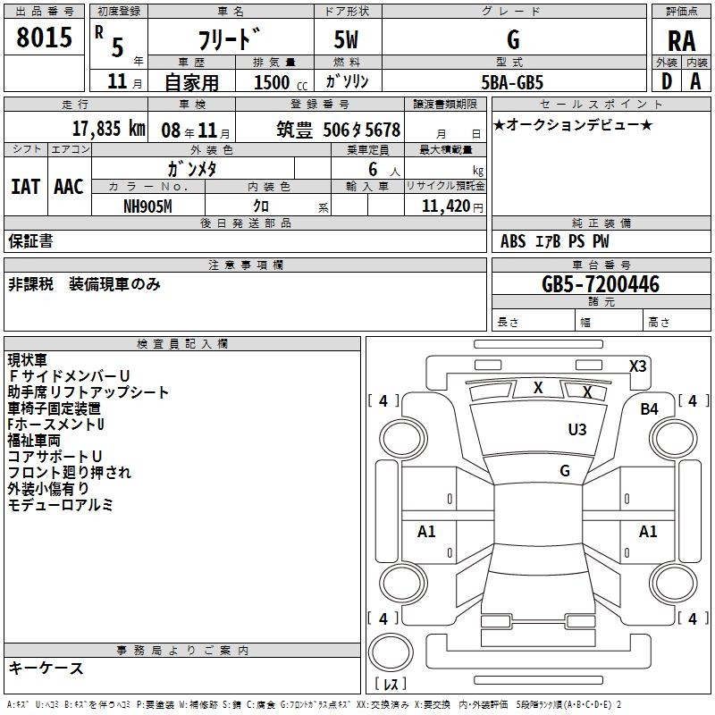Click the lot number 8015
click(x=45, y=38)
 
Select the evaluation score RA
click(x=681, y=41)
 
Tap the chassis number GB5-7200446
click(x=601, y=284)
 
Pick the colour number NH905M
click(x=147, y=206)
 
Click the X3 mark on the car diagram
click(x=637, y=366)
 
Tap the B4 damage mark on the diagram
click(x=649, y=408)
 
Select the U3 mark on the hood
click(x=577, y=430)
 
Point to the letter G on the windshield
click(x=564, y=470)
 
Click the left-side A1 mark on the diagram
click(x=427, y=532)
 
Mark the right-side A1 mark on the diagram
click(x=648, y=532)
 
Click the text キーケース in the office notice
click(x=46, y=668)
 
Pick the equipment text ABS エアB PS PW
click(x=555, y=241)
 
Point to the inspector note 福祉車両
click(x=34, y=440)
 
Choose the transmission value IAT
click(x=25, y=186)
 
